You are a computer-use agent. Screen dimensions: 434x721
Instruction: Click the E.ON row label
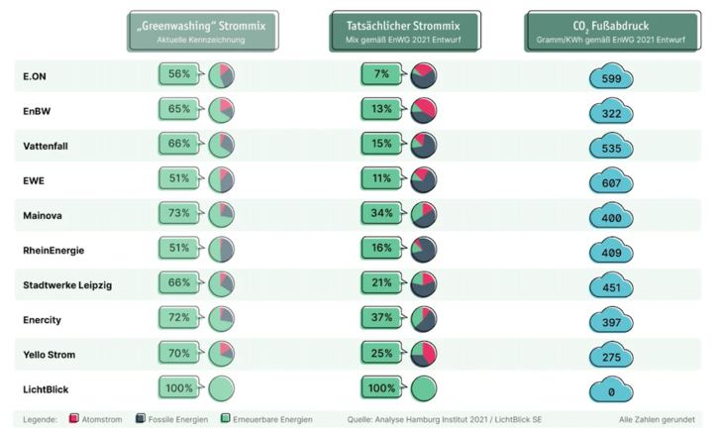point(37,76)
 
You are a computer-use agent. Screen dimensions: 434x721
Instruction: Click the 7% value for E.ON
point(382,74)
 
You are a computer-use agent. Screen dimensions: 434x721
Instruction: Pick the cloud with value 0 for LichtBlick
point(610,392)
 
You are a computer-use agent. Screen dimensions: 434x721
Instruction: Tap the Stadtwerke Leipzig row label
point(67,285)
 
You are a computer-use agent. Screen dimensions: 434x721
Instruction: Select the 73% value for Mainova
point(179,214)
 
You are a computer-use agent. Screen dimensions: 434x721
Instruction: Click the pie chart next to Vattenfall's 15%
point(423,146)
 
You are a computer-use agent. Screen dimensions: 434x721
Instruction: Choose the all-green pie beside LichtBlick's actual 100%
point(423,388)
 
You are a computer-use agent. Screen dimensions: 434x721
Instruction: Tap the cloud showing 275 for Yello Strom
point(610,358)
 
